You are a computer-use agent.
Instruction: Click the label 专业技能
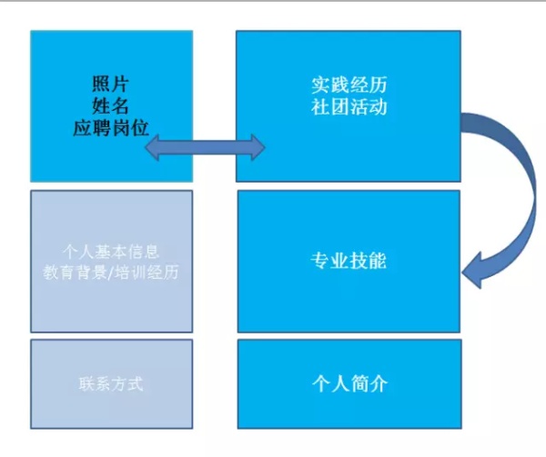coord(349,261)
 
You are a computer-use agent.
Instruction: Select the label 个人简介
coord(349,383)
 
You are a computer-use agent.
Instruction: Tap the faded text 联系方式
coord(110,383)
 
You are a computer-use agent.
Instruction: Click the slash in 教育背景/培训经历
coord(112,272)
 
